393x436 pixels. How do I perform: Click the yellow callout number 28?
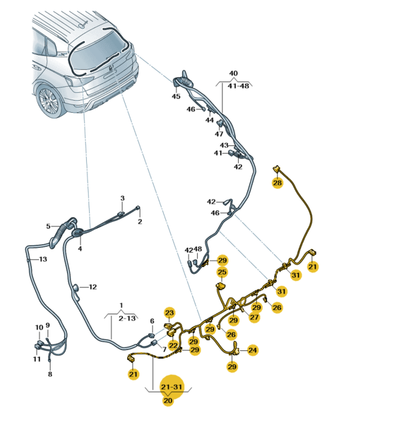click(x=277, y=183)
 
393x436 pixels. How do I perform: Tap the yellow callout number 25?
click(x=222, y=272)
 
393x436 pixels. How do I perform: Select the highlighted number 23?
click(x=169, y=313)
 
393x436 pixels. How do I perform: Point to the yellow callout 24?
click(x=253, y=350)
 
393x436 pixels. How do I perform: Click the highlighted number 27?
click(x=254, y=317)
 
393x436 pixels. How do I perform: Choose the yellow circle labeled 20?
click(x=168, y=400)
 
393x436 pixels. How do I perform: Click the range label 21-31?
click(x=172, y=387)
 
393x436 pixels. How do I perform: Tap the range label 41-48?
click(x=239, y=86)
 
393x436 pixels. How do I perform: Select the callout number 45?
click(x=176, y=96)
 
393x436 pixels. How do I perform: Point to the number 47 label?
click(x=219, y=134)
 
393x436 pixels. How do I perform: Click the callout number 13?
click(x=43, y=259)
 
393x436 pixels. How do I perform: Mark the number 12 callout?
click(x=93, y=286)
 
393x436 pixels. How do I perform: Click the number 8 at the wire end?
click(x=50, y=374)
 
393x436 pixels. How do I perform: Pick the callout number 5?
click(x=48, y=226)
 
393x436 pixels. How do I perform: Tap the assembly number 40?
click(x=233, y=74)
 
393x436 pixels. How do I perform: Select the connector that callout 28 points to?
click(x=276, y=168)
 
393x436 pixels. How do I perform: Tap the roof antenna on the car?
click(x=83, y=25)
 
